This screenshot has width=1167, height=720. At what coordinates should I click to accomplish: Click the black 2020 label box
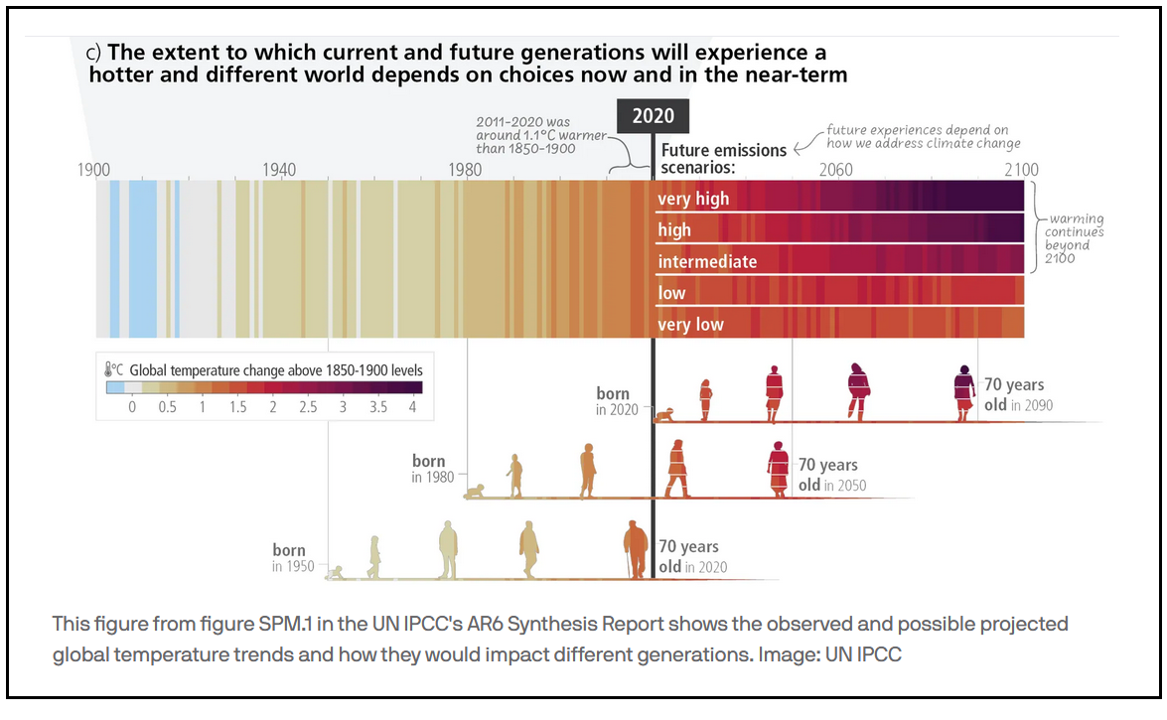653,116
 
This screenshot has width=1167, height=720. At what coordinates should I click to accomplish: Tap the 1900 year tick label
94,170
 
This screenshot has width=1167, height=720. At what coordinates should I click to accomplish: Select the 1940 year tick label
279,170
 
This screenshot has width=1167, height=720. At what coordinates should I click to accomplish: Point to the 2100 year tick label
1021,170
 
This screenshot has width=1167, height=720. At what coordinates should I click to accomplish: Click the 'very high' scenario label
693,199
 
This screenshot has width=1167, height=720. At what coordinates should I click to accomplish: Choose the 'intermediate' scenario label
707,262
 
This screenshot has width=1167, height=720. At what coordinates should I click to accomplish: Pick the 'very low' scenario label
690,325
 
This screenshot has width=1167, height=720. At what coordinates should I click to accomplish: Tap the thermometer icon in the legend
111,370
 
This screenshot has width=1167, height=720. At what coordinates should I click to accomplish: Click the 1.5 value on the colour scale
236,408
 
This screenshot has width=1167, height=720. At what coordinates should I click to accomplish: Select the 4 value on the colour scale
413,408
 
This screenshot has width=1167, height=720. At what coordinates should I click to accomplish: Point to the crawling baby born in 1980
477,491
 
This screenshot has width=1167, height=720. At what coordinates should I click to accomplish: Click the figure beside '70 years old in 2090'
962,392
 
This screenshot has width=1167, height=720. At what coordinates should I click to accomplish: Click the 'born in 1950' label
292,558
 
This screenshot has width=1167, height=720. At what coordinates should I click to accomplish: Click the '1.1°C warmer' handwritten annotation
525,135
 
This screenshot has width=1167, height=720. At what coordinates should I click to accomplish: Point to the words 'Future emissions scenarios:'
723,158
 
